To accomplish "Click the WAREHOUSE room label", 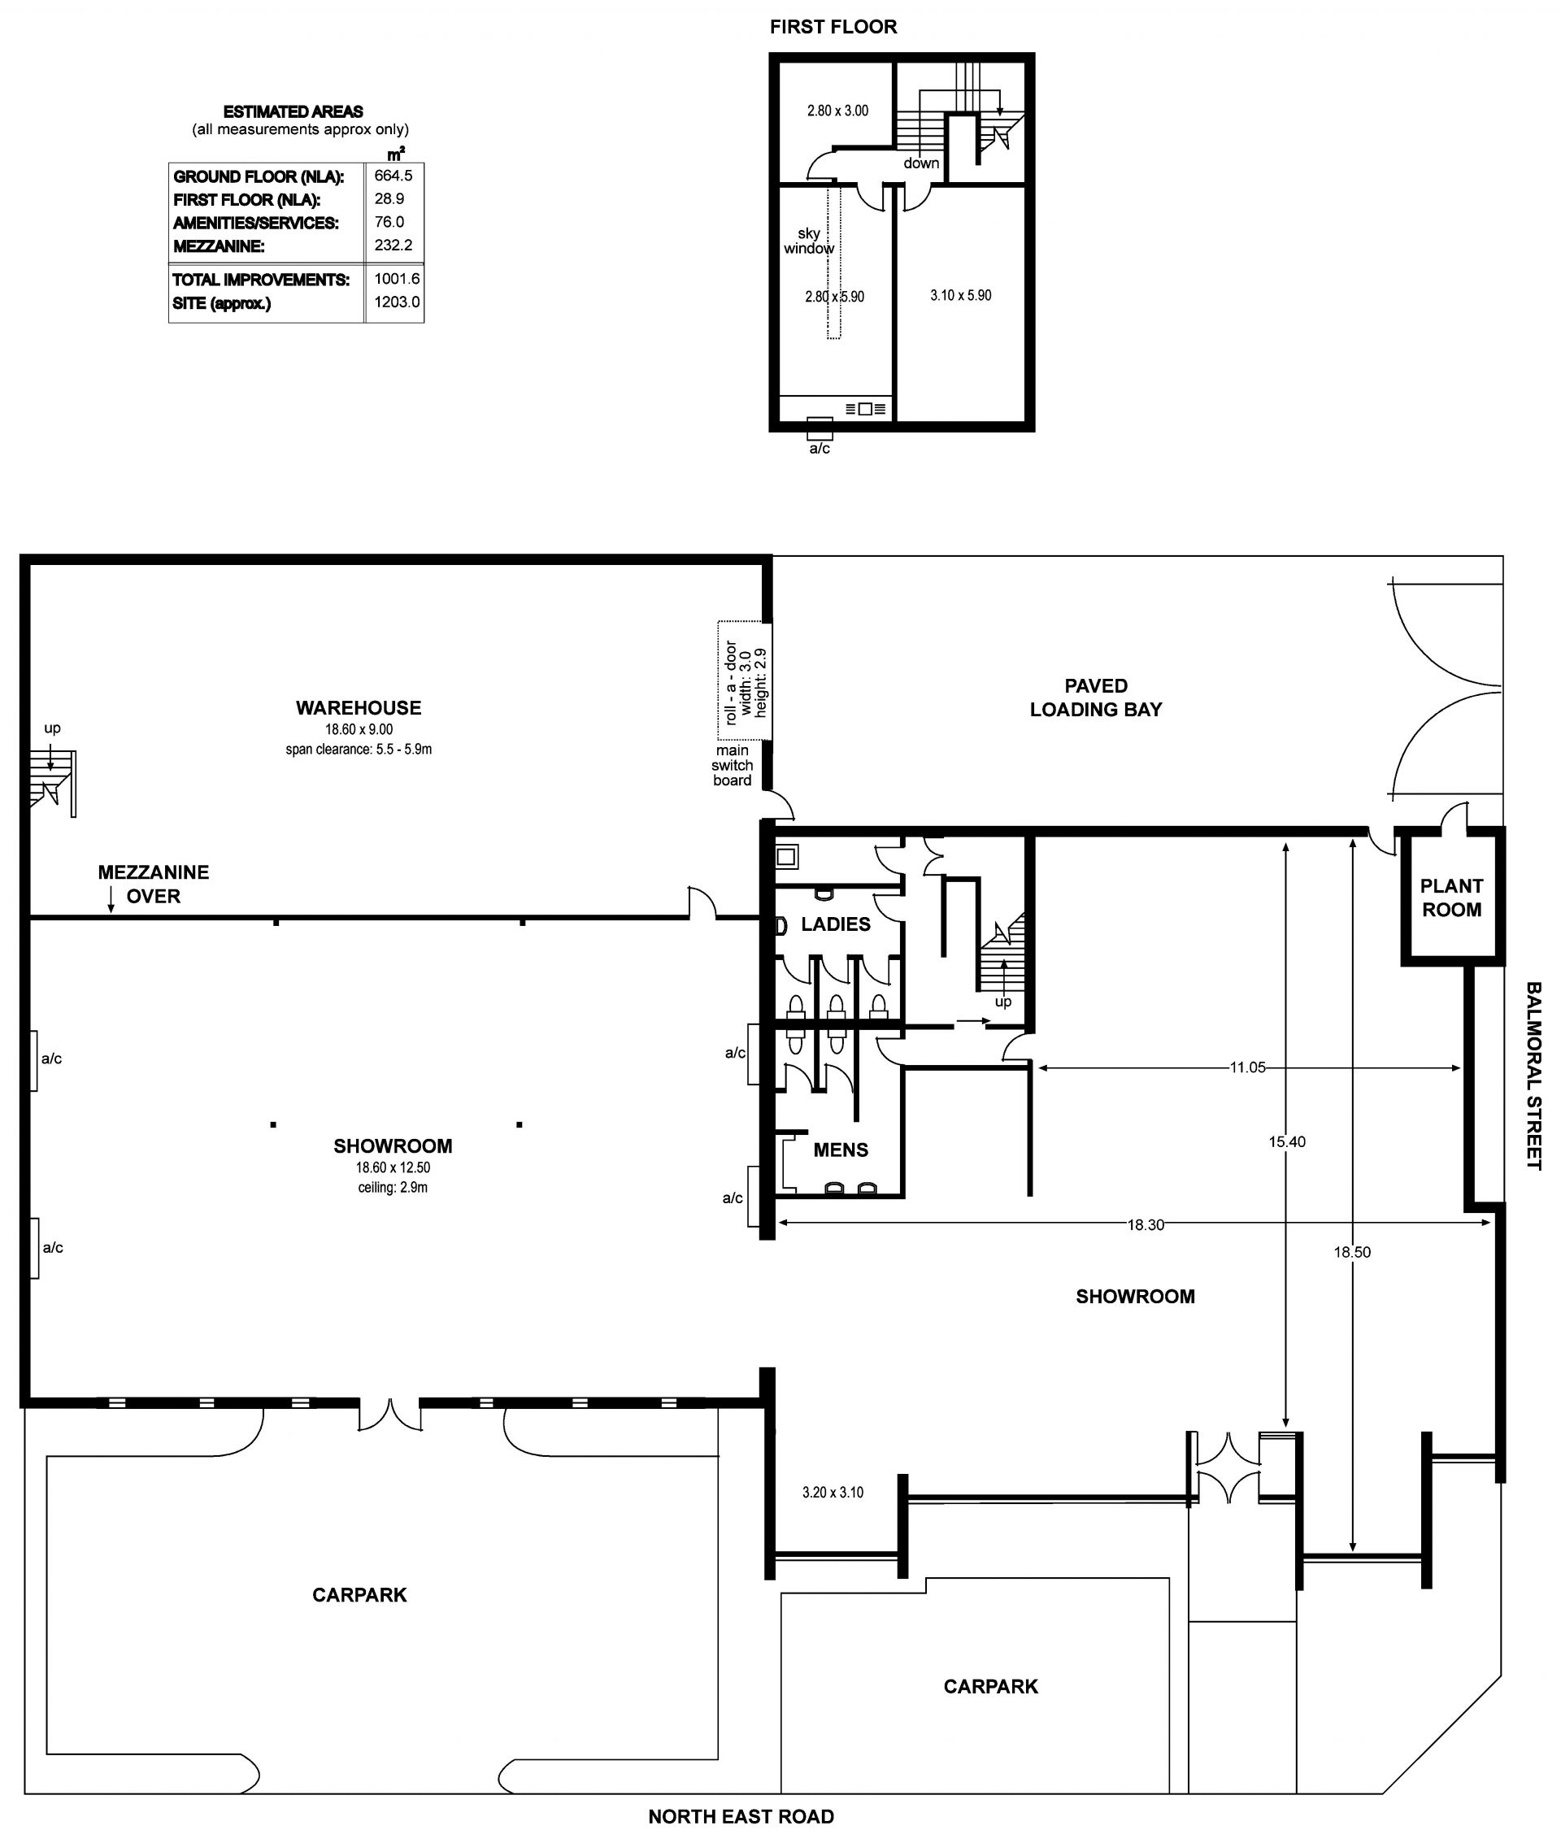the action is [359, 708].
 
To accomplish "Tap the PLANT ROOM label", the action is [1451, 898].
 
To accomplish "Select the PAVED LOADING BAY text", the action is [1095, 698].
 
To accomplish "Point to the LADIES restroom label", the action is [835, 924].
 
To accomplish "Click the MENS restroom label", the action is [841, 1150].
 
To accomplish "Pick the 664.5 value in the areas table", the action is [393, 176].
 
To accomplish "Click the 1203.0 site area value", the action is [398, 302].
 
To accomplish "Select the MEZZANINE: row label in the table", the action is [219, 246].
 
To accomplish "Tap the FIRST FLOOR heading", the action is [833, 27].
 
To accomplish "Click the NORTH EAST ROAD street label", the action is [741, 1816].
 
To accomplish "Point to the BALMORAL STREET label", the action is [1533, 1076].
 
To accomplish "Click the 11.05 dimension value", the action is [1247, 1067].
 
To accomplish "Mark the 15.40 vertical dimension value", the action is [1287, 1141].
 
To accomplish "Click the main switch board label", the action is [732, 765].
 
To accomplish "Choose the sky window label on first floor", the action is [809, 241].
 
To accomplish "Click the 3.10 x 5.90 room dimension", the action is [960, 296].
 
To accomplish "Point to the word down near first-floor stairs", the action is [921, 163].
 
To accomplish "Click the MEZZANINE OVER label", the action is [153, 884].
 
